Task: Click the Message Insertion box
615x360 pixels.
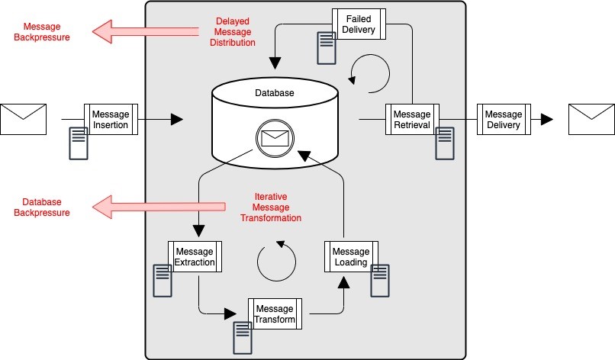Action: click(x=111, y=119)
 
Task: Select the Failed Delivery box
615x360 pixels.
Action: click(x=358, y=24)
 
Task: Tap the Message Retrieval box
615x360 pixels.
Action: click(x=411, y=119)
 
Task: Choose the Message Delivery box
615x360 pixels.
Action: click(x=504, y=119)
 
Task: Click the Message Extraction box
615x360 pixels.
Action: click(x=195, y=257)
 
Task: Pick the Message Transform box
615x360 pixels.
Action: click(x=275, y=313)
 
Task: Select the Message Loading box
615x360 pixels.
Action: click(x=351, y=257)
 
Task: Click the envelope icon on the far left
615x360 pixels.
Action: click(x=23, y=119)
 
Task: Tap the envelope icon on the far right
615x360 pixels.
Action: click(x=591, y=119)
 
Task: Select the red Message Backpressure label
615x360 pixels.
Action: click(x=42, y=31)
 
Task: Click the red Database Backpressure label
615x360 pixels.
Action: click(x=42, y=207)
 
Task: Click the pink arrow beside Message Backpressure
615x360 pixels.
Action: click(x=141, y=31)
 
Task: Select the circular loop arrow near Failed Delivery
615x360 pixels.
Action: click(x=369, y=72)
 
